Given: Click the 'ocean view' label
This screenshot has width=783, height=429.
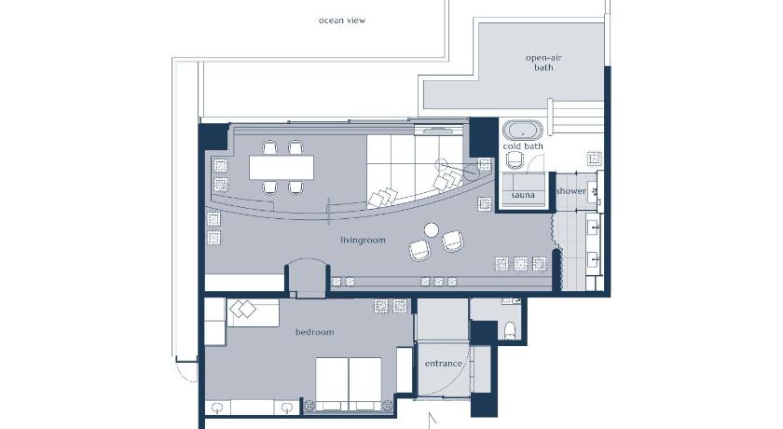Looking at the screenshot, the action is tap(342, 21).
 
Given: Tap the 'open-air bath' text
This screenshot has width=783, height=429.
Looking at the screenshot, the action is tap(543, 62).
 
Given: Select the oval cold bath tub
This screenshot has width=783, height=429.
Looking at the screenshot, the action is tap(522, 131).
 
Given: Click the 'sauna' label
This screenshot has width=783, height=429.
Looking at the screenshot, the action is tap(523, 195).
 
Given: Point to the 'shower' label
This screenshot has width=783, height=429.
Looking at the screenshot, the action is tap(571, 191).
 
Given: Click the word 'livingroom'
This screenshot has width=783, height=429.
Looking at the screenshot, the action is tap(363, 241).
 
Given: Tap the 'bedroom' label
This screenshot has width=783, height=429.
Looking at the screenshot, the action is tap(315, 332).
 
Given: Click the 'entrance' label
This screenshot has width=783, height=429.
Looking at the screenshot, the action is tap(444, 364).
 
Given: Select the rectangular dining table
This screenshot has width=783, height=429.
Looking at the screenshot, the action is tap(282, 167).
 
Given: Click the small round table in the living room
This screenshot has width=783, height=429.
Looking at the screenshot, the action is tap(432, 229).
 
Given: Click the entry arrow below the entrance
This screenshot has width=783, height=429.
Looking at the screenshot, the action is tap(433, 420).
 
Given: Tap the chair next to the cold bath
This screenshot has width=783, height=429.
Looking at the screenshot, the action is tap(515, 160).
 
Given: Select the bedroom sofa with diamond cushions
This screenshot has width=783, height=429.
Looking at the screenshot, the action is tap(253, 313).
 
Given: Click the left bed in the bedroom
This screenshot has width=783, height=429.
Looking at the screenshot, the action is tap(332, 383).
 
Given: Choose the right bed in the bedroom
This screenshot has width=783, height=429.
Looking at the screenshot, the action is tap(365, 383).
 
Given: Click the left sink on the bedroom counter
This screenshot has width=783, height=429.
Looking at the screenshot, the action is tap(217, 408).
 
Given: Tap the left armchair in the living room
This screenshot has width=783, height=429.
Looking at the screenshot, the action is tap(419, 250).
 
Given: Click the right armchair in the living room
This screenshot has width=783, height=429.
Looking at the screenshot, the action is tap(452, 242).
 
